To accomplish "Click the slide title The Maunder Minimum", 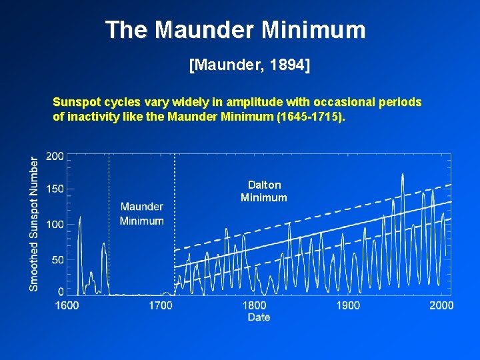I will pos(235,30).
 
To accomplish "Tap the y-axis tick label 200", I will pos(55,156).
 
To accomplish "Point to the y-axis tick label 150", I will pos(55,189).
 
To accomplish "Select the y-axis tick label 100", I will pos(55,225).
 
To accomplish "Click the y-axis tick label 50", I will pos(57,259).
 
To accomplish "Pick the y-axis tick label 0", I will pos(61,291).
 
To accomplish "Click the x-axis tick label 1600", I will pos(67,305).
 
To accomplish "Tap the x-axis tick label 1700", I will pos(161,305).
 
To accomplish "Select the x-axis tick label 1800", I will pos(254,305).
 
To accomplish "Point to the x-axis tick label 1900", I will pos(348,305).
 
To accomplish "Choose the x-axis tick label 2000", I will pos(441,305).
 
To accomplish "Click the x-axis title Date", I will pos(259,317).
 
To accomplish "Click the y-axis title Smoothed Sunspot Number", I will pos(34,223).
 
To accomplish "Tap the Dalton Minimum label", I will pos(264,191).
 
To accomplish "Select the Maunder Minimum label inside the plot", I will pos(141,213).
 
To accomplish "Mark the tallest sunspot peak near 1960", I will pos(403,175).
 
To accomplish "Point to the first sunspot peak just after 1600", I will pos(80,217).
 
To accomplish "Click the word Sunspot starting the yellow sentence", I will pos(77,103).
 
